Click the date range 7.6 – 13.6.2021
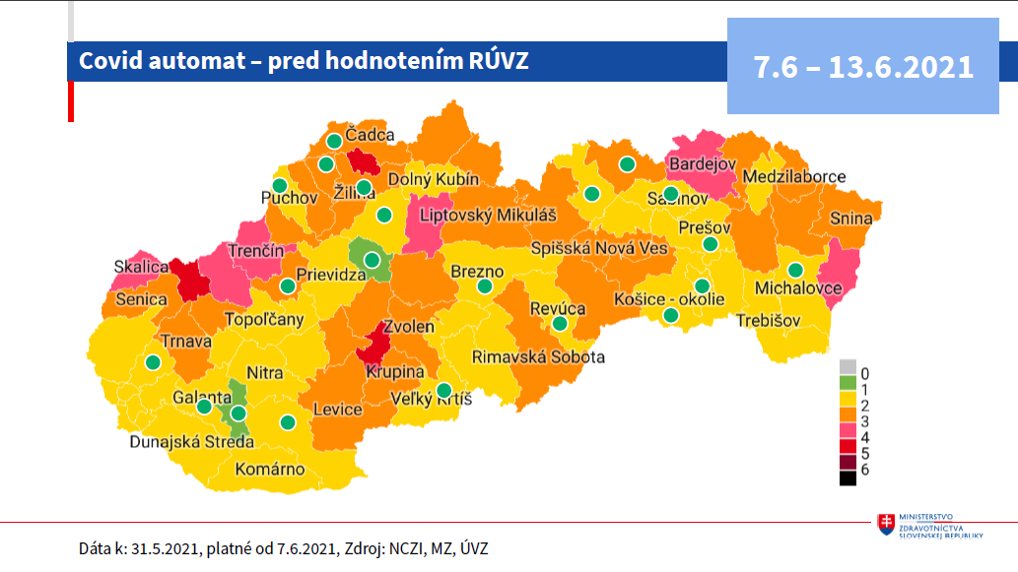coord(863,67)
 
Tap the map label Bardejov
coord(702,164)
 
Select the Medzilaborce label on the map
coord(794,177)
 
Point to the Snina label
coord(849,219)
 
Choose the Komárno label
coord(270,469)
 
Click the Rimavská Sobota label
coord(538,356)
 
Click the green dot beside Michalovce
coord(795,271)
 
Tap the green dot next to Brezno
coord(485,286)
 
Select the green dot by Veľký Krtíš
coord(444,390)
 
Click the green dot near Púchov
coord(280,185)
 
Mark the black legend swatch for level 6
coord(848,478)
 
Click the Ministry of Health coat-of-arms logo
coord(886,524)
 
